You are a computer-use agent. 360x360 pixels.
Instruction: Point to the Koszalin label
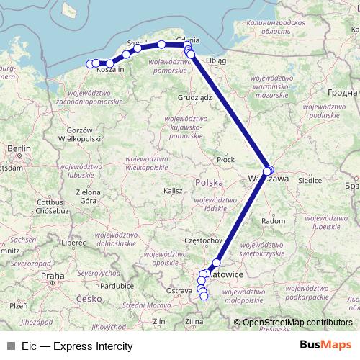pos(111,70)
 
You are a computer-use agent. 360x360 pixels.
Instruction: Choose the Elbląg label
pos(215,60)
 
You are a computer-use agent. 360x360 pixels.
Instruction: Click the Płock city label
pos(225,159)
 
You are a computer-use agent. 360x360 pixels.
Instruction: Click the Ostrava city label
pos(180,290)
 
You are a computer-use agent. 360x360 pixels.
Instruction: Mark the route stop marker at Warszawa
pos(268,171)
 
